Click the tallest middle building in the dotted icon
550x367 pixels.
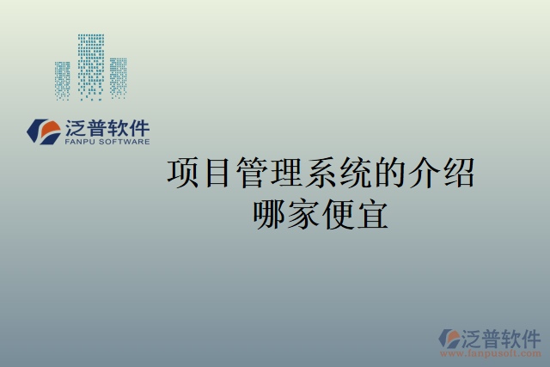pos(91,64)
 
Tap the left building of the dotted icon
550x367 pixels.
pos(63,79)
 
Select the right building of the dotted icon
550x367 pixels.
pos(118,76)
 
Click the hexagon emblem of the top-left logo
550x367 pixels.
pos(44,131)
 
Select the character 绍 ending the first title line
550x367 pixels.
pos(457,174)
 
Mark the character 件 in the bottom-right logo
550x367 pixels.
pos(530,337)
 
